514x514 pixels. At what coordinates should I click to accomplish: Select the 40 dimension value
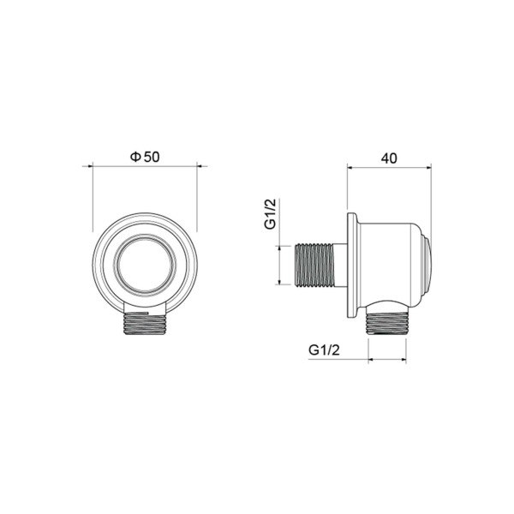390,158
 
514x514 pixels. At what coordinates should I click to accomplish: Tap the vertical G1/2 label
269,214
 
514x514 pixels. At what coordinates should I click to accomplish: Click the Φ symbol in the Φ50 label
134,157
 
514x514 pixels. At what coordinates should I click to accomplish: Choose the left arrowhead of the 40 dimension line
350,168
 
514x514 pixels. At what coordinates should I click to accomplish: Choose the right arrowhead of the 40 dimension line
427,168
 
